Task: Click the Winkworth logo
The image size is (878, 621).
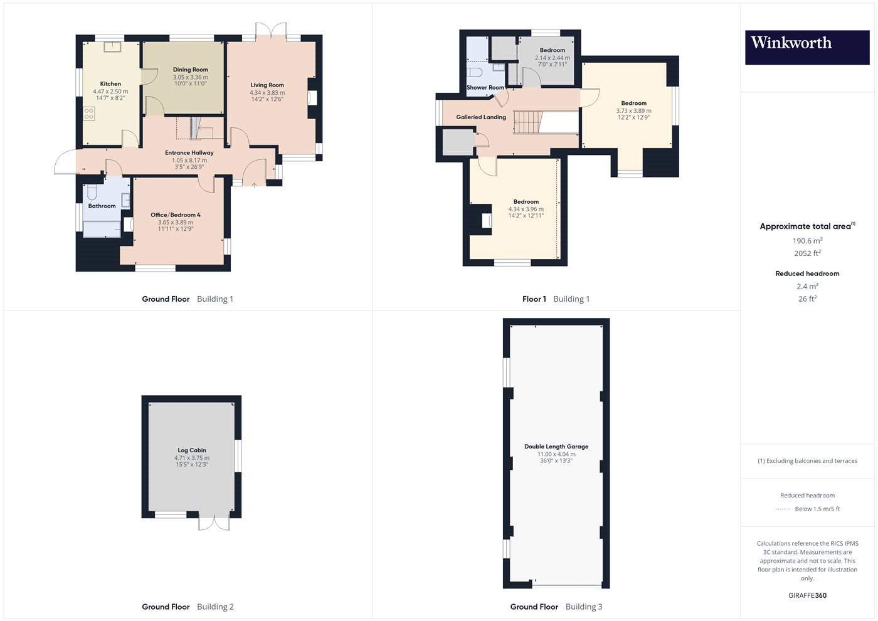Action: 807,48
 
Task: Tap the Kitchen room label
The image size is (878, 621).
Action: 110,84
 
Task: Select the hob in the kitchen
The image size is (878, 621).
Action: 89,114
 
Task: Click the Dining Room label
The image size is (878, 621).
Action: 191,70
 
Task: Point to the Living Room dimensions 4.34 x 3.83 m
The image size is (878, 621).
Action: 267,93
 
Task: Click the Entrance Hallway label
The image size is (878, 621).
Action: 189,152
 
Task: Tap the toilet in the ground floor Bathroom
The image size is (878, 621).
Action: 92,192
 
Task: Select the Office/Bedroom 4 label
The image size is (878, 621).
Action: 176,215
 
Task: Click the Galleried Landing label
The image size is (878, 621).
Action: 481,117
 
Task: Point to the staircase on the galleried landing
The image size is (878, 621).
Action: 527,122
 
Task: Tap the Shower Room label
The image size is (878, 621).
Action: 485,87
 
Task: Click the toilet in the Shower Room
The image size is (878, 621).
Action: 474,72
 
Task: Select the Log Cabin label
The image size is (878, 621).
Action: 192,450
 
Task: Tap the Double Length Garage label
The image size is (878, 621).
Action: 556,446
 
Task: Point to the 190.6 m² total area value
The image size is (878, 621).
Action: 808,241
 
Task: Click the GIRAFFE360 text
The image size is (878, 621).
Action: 808,595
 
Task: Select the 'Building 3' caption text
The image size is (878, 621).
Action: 584,607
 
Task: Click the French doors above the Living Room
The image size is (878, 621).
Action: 271,31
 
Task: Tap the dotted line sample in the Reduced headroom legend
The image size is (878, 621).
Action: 783,509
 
